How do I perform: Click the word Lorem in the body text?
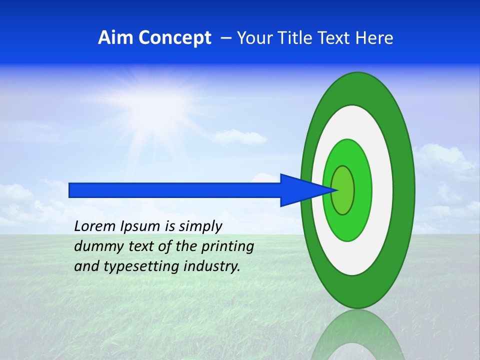(x=94, y=226)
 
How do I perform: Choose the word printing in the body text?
(x=227, y=247)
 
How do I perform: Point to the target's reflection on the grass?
(x=357, y=335)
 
